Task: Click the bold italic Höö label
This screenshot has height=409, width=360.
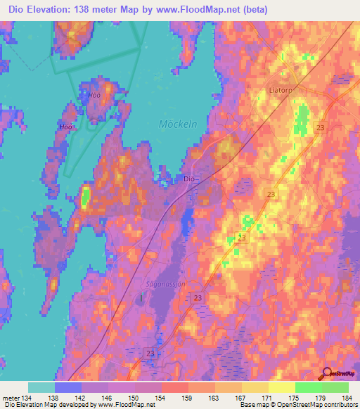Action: point(67,127)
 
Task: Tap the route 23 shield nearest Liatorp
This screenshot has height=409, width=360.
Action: point(321,127)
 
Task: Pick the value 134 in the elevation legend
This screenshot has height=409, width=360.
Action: point(29,397)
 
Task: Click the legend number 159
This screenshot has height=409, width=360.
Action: point(188,397)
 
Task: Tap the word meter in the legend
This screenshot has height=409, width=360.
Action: point(11,397)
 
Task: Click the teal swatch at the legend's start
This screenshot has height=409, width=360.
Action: point(41,387)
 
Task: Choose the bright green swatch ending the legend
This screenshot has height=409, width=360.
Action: point(335,387)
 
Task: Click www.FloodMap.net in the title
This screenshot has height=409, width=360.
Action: point(212,9)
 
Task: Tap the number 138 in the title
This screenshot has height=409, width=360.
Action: point(98,9)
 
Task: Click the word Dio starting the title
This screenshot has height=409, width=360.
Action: point(16,9)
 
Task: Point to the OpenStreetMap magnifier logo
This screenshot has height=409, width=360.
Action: point(326,373)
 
